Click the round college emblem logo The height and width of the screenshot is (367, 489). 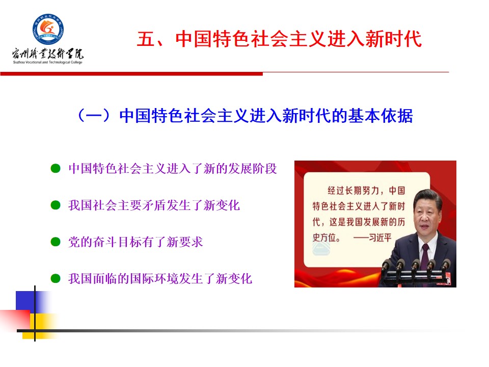(x=48, y=29)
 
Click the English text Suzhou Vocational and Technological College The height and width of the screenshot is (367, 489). (x=48, y=62)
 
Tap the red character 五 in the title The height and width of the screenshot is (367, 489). (x=146, y=39)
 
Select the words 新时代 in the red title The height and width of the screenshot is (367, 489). (x=394, y=39)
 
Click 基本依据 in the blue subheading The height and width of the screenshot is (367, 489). (x=381, y=116)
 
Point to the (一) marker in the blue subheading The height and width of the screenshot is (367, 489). (x=94, y=116)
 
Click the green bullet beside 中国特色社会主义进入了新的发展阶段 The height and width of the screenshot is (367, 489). (x=56, y=169)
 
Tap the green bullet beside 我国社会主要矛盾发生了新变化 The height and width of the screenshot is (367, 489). (x=56, y=205)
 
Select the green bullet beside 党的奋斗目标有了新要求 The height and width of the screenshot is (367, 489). (x=56, y=242)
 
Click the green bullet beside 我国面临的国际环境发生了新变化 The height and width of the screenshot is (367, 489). (x=56, y=278)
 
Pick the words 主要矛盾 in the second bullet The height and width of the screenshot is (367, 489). (x=142, y=205)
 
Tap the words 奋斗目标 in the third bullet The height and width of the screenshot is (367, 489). (x=105, y=242)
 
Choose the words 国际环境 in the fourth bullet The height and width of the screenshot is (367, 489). (x=154, y=278)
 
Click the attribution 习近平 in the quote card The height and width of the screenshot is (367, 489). (x=380, y=238)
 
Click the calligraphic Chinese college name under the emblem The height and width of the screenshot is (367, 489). (x=48, y=54)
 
